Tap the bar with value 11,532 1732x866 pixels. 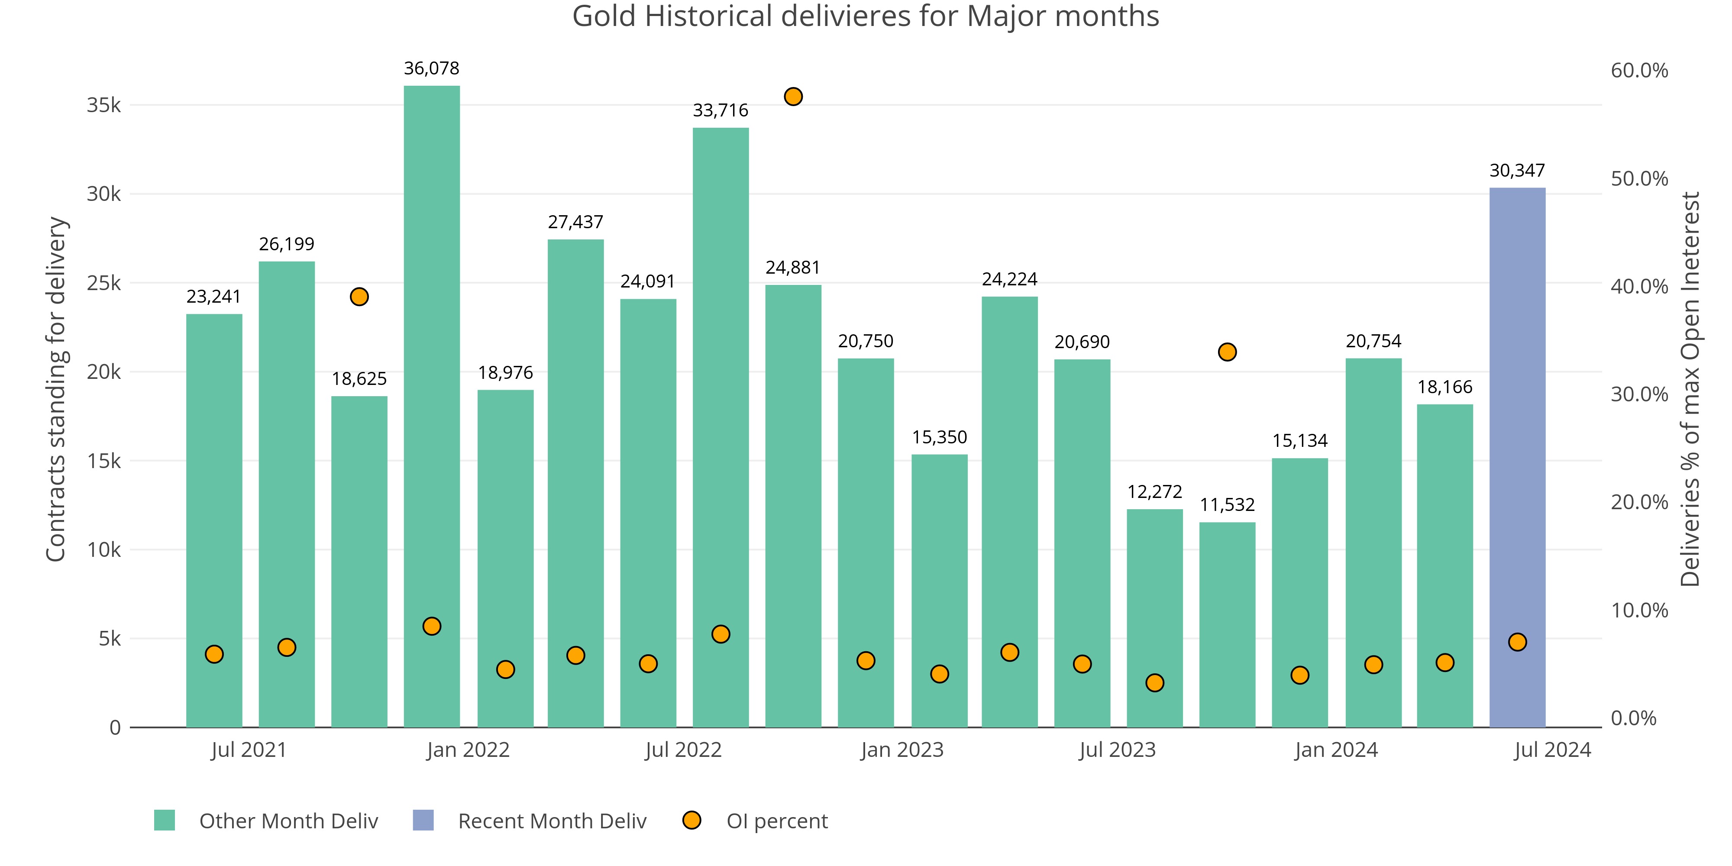tap(1227, 625)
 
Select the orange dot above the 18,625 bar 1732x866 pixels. tap(359, 297)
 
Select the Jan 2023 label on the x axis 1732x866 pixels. tap(902, 750)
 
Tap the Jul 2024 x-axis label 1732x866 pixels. tap(1552, 750)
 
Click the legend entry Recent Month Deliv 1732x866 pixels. tap(551, 821)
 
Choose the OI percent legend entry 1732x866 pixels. tap(776, 821)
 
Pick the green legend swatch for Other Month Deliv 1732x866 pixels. tap(165, 820)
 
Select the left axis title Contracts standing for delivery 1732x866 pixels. tap(56, 389)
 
